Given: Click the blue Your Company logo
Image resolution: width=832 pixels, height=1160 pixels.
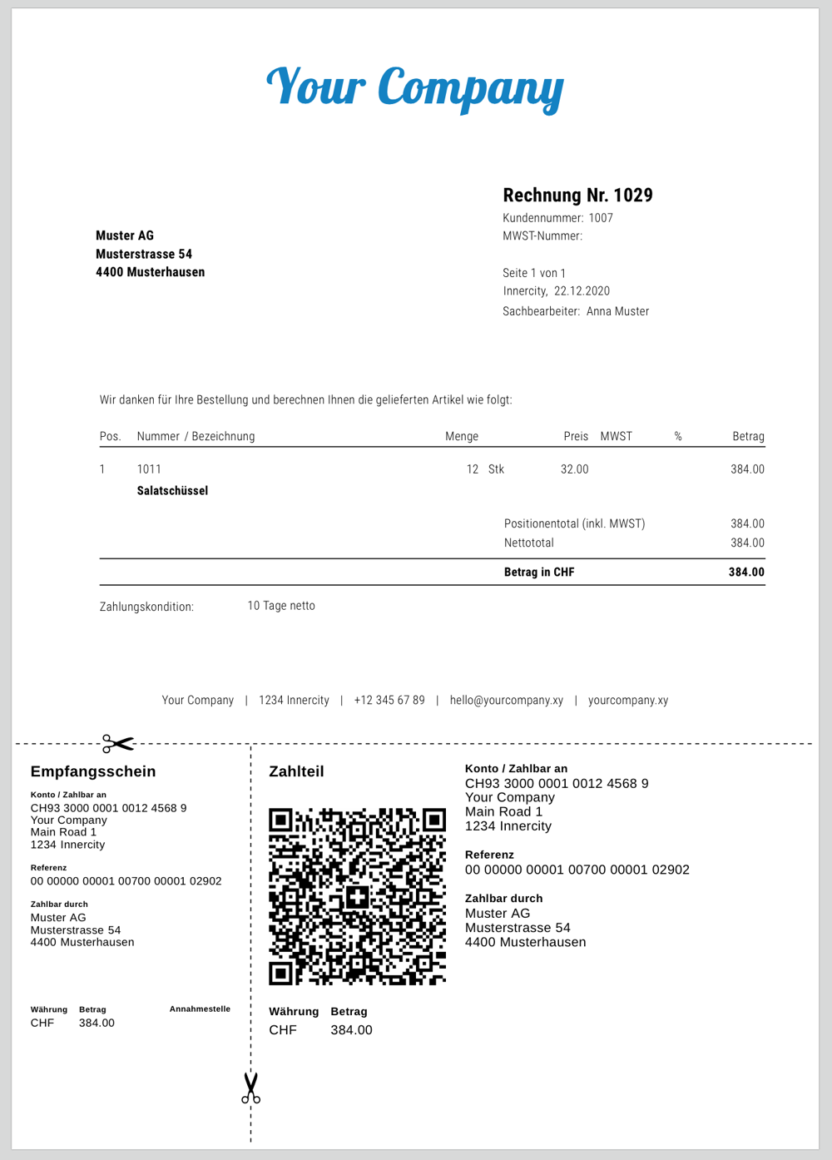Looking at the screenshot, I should [x=414, y=88].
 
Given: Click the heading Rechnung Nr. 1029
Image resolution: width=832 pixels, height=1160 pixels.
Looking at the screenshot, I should [x=577, y=196].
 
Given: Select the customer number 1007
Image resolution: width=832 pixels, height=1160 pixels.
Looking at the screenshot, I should [x=601, y=218].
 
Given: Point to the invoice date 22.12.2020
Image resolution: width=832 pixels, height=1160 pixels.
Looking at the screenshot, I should [x=582, y=291].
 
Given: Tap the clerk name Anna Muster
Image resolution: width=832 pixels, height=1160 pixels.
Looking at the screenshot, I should [x=617, y=311].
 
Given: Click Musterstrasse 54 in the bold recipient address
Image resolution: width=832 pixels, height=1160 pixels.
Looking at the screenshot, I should [x=144, y=254].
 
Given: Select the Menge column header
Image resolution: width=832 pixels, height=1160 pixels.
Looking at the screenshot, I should [x=462, y=436].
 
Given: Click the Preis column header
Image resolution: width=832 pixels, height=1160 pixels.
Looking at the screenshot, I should [x=576, y=436].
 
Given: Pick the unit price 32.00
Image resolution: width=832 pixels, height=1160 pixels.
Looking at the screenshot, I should [x=574, y=469].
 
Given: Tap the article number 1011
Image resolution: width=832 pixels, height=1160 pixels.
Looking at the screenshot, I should [x=149, y=469].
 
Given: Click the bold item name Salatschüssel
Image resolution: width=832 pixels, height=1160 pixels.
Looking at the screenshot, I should [x=172, y=491].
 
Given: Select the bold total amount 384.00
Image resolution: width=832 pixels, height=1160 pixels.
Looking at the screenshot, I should [x=746, y=573].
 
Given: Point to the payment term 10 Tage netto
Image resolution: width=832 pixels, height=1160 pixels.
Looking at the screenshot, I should [x=281, y=606].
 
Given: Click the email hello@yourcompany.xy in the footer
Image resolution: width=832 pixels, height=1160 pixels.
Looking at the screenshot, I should [x=506, y=700].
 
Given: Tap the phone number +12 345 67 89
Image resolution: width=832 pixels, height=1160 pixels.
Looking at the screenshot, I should [x=389, y=700].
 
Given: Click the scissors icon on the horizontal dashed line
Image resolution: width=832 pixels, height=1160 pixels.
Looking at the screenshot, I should [x=118, y=742].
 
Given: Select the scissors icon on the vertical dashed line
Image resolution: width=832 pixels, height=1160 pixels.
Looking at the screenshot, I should [x=250, y=1088].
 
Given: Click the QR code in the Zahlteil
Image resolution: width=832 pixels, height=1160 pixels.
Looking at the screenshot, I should [x=357, y=896].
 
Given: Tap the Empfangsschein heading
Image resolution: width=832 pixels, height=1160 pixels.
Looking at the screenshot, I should [x=93, y=771].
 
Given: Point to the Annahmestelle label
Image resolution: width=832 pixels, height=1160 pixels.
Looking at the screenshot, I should [x=200, y=1009].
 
